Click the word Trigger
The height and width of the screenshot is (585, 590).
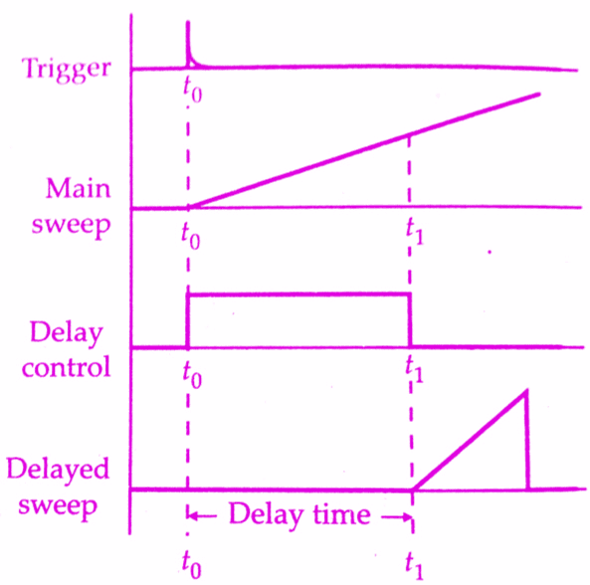(x=67, y=71)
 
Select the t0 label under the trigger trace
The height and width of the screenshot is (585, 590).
(x=192, y=90)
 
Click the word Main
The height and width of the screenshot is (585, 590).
(x=79, y=188)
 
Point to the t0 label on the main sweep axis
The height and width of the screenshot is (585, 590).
(x=191, y=236)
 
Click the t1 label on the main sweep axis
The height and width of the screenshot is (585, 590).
(x=415, y=233)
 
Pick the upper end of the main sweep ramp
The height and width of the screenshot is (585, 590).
(x=538, y=95)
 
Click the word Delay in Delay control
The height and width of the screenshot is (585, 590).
(x=67, y=334)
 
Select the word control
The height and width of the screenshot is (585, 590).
(x=67, y=367)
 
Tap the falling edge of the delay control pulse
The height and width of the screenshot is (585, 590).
(x=410, y=320)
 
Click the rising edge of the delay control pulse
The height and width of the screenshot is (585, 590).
(x=188, y=320)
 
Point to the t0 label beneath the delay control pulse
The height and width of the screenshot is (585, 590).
(x=192, y=375)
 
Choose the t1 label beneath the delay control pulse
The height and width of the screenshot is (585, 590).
(x=414, y=370)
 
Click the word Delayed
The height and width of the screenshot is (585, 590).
(x=58, y=469)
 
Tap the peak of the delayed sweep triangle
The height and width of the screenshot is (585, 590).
(x=526, y=391)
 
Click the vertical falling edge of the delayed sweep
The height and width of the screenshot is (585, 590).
(x=527, y=440)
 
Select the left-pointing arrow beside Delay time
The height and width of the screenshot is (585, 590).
(x=202, y=515)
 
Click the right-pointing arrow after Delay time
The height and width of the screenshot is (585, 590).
(x=397, y=517)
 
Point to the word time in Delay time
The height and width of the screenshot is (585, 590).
(x=341, y=514)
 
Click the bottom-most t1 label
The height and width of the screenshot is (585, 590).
(x=414, y=567)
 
